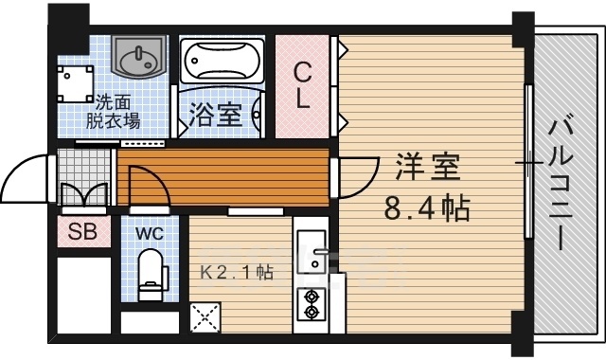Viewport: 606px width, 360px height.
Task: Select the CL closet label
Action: (x=302, y=85)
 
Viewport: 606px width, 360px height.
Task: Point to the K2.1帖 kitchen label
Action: (x=237, y=273)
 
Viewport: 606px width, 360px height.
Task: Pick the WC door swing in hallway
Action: (x=147, y=185)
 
